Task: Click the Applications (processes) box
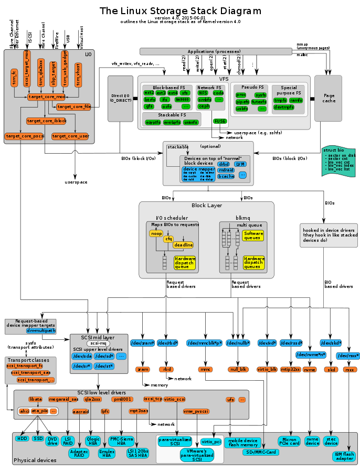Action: click(215, 51)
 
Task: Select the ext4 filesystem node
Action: click(173, 93)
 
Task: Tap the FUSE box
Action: click(220, 121)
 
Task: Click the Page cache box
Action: click(329, 98)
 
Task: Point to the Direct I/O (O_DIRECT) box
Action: click(120, 98)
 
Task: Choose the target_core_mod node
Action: click(47, 97)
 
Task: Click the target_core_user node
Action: click(70, 136)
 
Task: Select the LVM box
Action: click(240, 164)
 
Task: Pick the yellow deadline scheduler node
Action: click(184, 245)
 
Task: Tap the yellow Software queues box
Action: click(253, 236)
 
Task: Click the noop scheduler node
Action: click(156, 233)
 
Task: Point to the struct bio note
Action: click(338, 161)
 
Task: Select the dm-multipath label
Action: click(41, 331)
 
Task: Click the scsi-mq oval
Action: click(98, 344)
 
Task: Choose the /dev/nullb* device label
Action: click(238, 343)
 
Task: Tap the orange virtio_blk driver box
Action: click(267, 369)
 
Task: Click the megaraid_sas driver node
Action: click(63, 399)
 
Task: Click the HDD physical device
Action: click(22, 438)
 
